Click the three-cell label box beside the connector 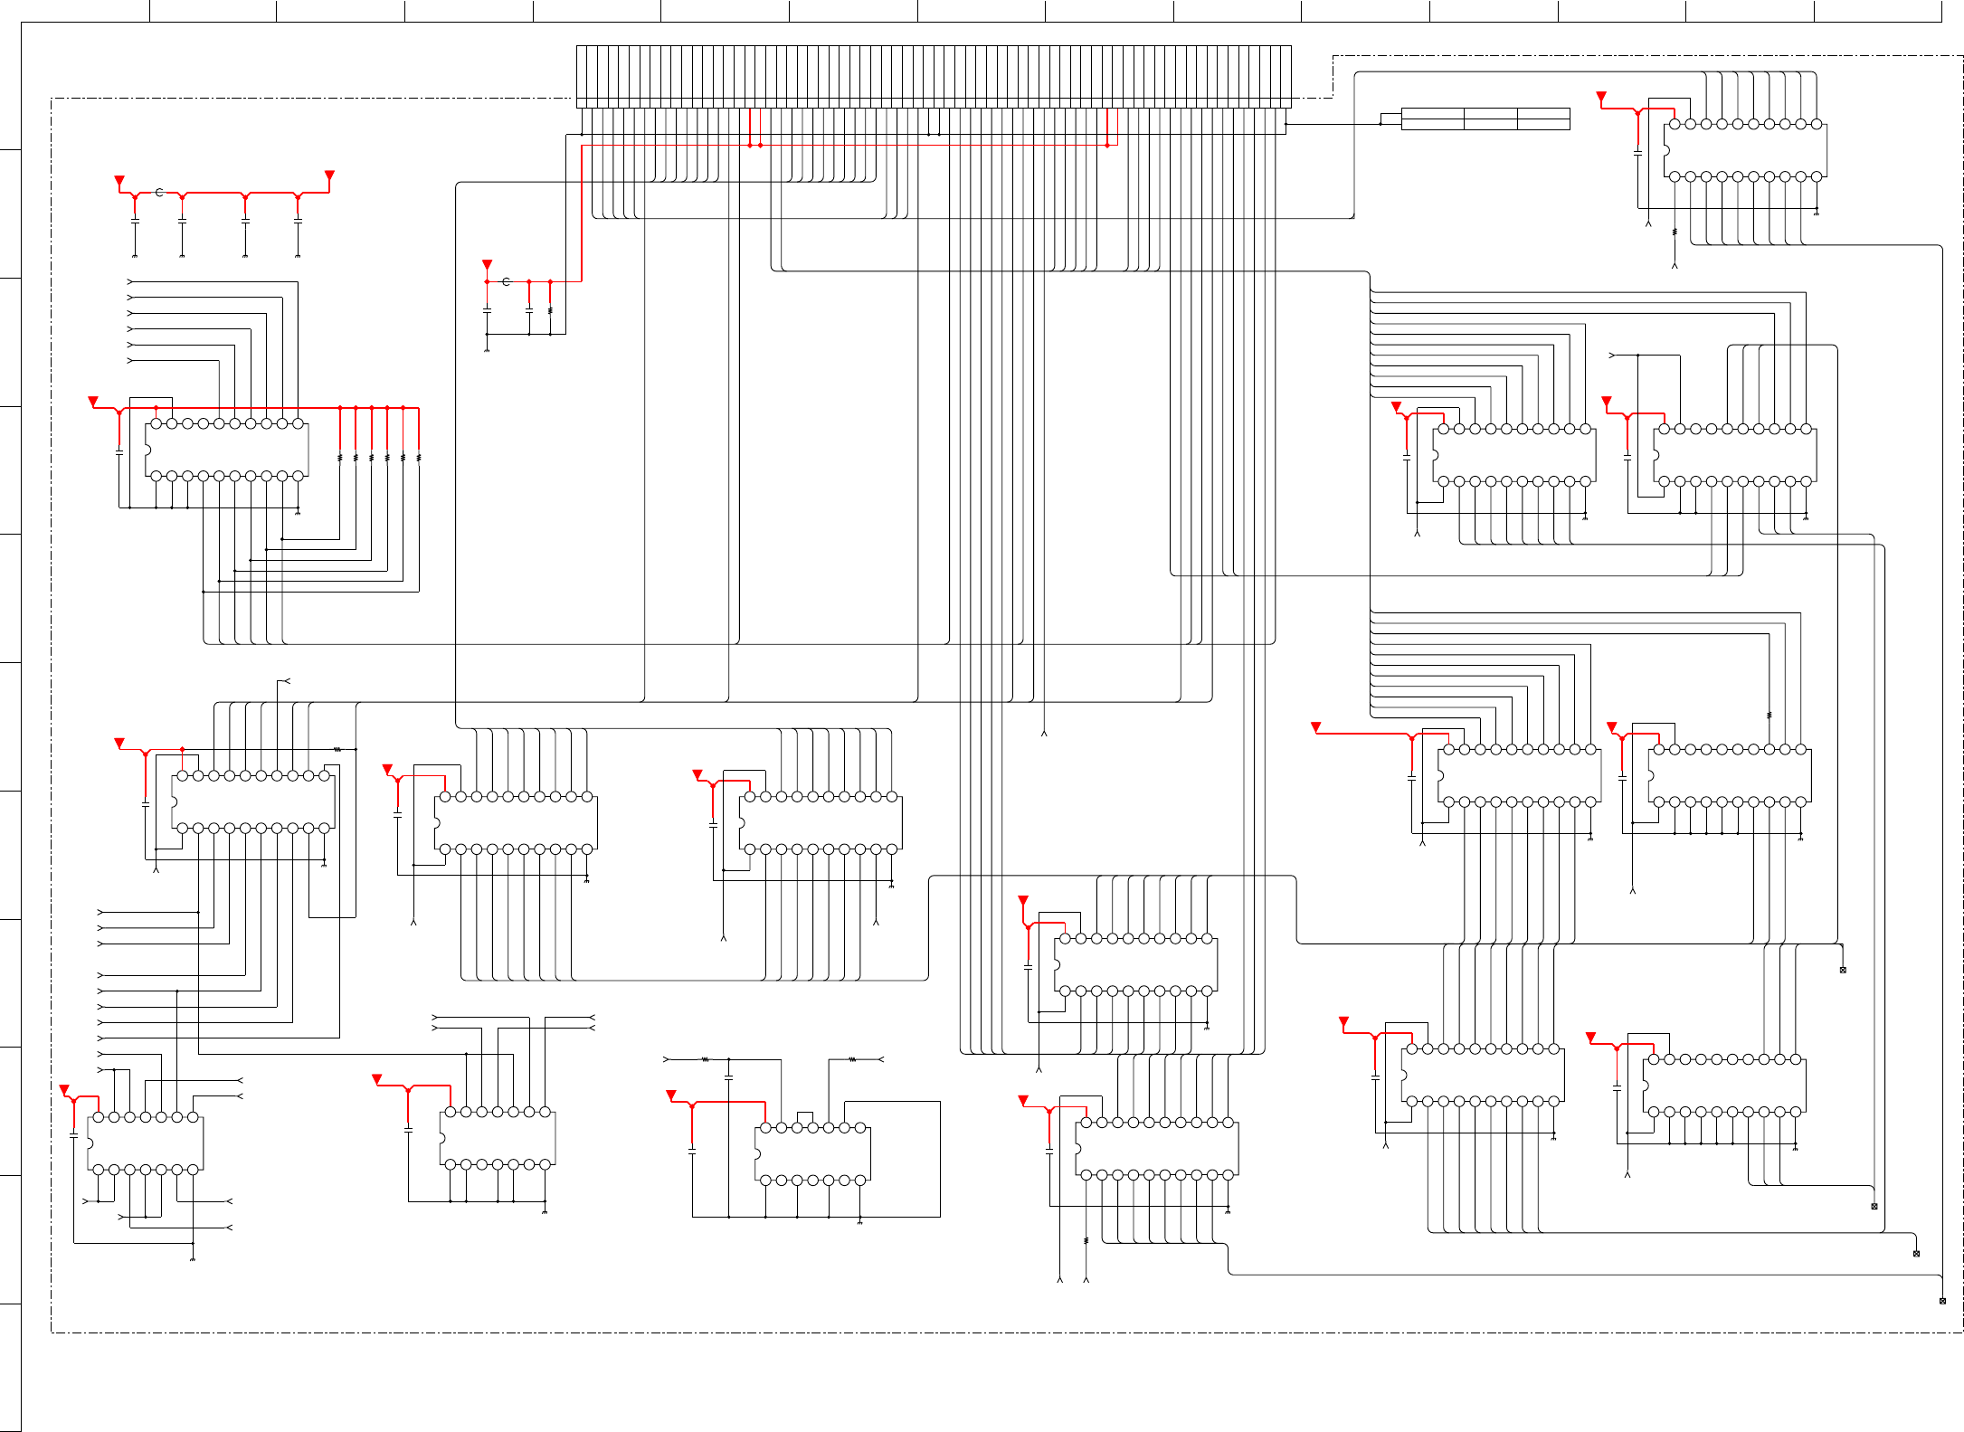pos(1485,119)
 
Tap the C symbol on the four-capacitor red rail pos(159,193)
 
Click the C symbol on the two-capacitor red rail pos(506,281)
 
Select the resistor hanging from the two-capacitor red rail pos(550,310)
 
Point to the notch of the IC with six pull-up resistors pos(147,450)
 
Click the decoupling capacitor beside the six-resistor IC pos(119,450)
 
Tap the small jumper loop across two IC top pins pos(804,1118)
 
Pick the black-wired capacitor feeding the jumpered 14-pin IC pos(728,1076)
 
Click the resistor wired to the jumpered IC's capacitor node pos(706,1059)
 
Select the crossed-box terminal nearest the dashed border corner pos(1942,1301)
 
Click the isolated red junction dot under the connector pos(1106,145)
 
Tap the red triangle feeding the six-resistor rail pos(93,401)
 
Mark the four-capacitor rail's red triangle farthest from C pos(329,175)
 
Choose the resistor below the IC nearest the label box pos(1675,232)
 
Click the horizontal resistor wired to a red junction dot pos(337,749)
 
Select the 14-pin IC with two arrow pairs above pos(498,1138)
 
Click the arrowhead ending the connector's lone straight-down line pos(1044,733)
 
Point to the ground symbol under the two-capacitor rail pos(487,350)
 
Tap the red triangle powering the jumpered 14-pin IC pos(671,1095)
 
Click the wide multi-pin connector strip pos(934,76)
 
